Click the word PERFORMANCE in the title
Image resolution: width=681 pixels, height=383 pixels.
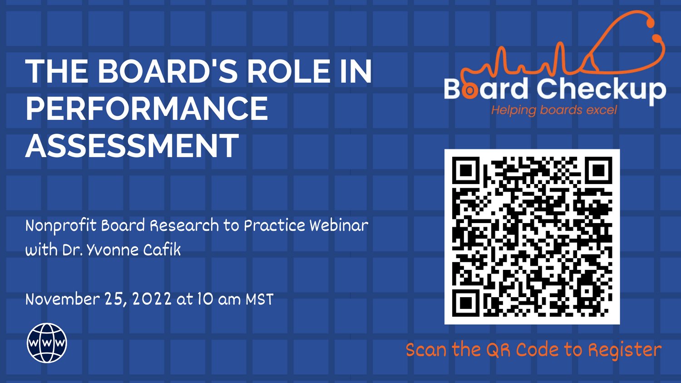click(147, 109)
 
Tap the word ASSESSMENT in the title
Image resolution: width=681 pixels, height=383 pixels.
click(132, 146)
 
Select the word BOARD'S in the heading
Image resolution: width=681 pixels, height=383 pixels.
click(168, 71)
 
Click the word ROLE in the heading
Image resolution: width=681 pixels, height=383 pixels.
click(288, 71)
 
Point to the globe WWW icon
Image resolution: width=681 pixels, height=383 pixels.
click(47, 343)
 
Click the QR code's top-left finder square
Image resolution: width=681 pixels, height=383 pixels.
click(465, 170)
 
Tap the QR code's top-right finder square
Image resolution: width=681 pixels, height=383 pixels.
click(599, 170)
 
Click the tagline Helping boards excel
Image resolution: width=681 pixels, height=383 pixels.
click(554, 110)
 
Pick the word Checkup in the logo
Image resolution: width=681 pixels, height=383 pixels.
click(602, 89)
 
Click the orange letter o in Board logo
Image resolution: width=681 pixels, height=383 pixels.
click(470, 90)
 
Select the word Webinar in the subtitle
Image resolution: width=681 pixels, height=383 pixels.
click(339, 225)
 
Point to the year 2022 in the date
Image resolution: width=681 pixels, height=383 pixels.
click(152, 299)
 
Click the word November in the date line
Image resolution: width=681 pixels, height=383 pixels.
click(63, 299)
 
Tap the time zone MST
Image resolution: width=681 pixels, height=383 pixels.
click(260, 299)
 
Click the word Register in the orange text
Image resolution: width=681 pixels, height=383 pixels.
click(625, 350)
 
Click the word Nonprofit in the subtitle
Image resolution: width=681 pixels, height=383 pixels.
click(61, 226)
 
